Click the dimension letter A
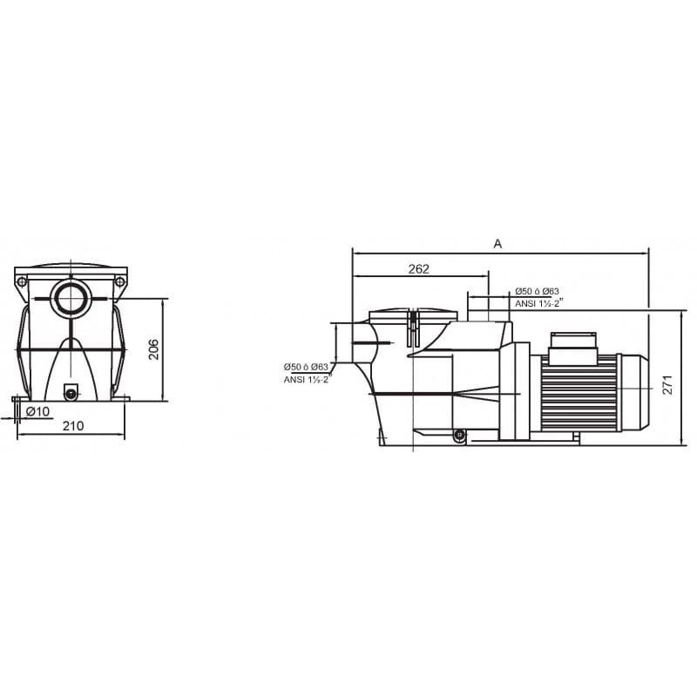pyautogui.click(x=497, y=244)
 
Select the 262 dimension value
pyautogui.click(x=419, y=269)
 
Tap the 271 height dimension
pyautogui.click(x=667, y=385)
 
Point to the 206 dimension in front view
pyautogui.click(x=153, y=349)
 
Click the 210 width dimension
pyautogui.click(x=73, y=426)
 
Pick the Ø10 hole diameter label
pyautogui.click(x=37, y=411)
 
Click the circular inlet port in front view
pyautogui.click(x=71, y=297)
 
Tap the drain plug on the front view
pyautogui.click(x=71, y=393)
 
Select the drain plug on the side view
pyautogui.click(x=459, y=435)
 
